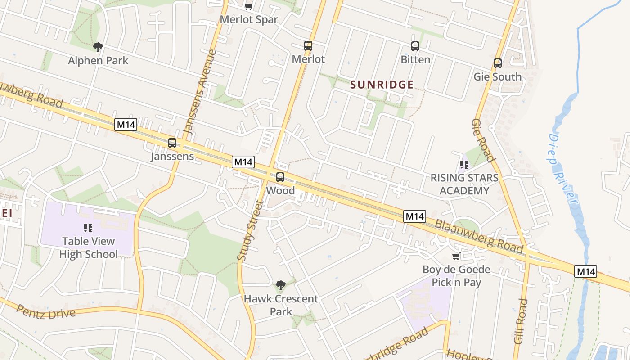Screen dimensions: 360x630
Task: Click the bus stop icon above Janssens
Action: pyautogui.click(x=172, y=143)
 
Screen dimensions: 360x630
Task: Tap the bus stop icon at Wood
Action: pyautogui.click(x=280, y=177)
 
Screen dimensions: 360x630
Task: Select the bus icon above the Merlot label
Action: pyautogui.click(x=308, y=46)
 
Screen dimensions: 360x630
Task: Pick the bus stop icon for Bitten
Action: pyautogui.click(x=415, y=46)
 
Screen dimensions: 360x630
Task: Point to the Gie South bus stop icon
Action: pyautogui.click(x=498, y=63)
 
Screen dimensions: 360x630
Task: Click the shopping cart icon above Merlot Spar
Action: pyautogui.click(x=248, y=6)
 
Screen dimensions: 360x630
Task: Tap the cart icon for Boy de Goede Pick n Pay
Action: pyautogui.click(x=456, y=256)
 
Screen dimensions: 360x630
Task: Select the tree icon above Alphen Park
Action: pyautogui.click(x=98, y=47)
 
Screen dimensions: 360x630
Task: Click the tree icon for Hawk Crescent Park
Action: pyautogui.click(x=280, y=285)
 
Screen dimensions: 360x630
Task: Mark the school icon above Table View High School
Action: pyautogui.click(x=88, y=228)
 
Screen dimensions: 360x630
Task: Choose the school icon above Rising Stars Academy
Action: pyautogui.click(x=464, y=165)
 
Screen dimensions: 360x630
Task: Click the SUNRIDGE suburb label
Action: pyautogui.click(x=382, y=85)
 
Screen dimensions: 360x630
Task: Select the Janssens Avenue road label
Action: pyautogui.click(x=201, y=92)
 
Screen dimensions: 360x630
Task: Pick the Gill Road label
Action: pyautogui.click(x=521, y=321)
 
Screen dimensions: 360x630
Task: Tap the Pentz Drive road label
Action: pyautogui.click(x=46, y=311)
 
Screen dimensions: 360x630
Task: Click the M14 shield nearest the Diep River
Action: pyautogui.click(x=586, y=271)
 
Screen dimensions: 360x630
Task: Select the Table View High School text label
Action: pyautogui.click(x=89, y=248)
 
